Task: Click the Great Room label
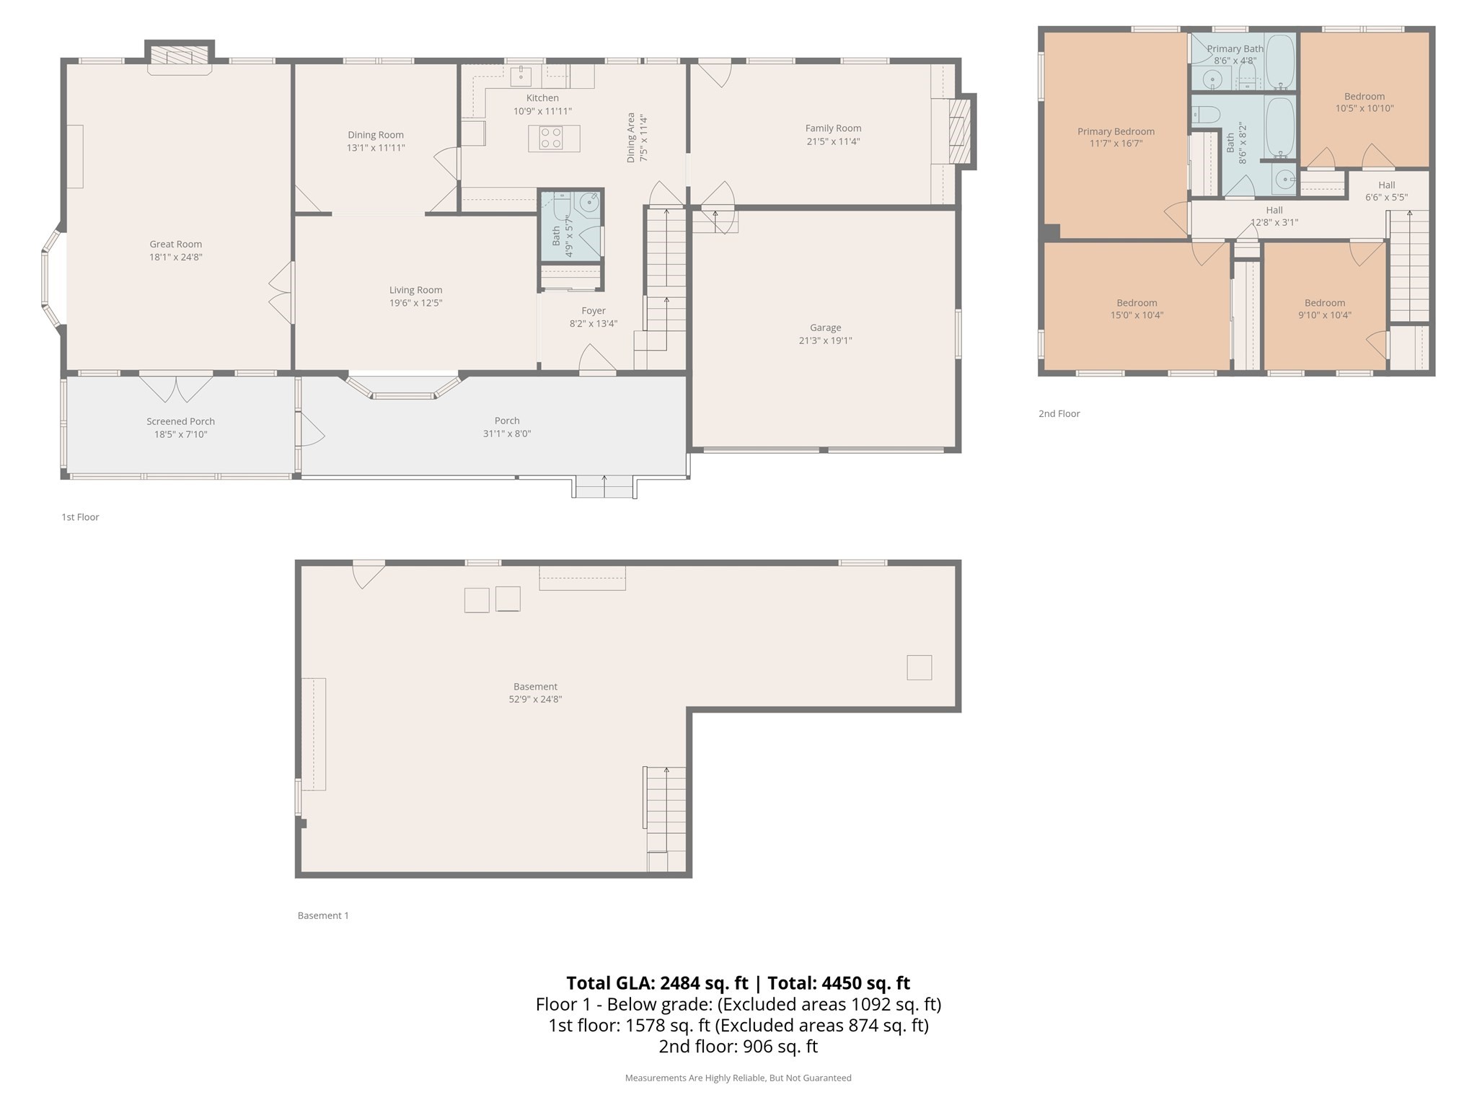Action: coord(175,244)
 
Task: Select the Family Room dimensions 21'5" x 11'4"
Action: coord(833,141)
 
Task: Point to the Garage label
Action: coord(825,327)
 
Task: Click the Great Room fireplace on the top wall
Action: coord(180,58)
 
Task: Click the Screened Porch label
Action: coord(180,421)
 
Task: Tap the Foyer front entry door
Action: coord(597,360)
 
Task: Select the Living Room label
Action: coord(415,290)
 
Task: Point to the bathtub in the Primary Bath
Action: coord(1280,62)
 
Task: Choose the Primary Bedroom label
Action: coord(1116,131)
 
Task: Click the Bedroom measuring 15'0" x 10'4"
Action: coord(1137,309)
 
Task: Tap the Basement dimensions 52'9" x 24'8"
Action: coord(535,699)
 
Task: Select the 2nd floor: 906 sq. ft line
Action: coord(738,1047)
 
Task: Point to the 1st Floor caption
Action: coord(80,517)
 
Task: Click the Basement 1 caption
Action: coord(323,915)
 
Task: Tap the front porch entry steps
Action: coord(604,488)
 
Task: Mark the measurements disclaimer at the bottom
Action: coord(738,1078)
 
